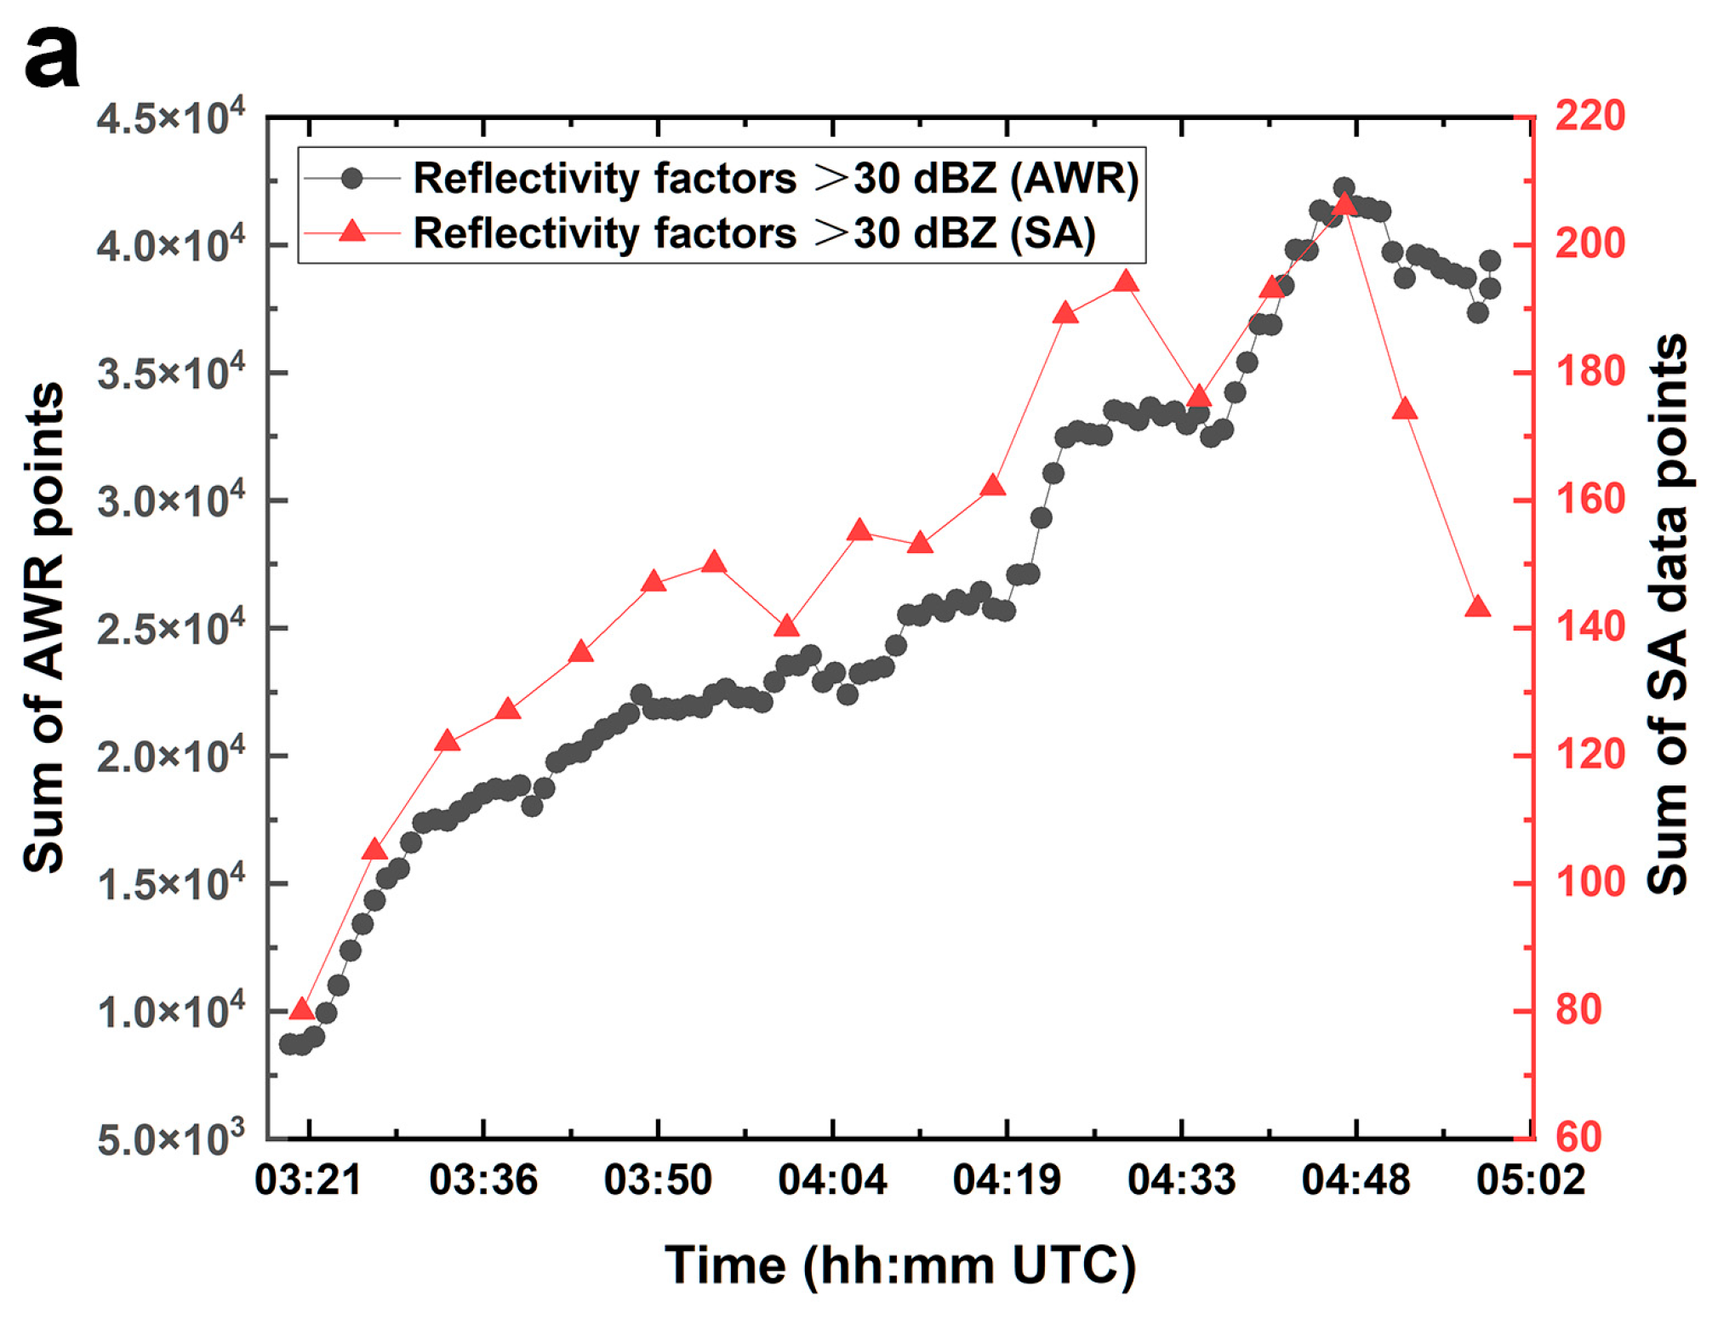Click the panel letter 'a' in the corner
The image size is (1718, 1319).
[x=51, y=58]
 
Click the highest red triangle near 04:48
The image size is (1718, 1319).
[x=1344, y=204]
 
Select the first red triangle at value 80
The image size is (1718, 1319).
[x=302, y=1009]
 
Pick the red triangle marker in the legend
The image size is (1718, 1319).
[x=351, y=231]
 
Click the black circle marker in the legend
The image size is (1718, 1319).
[x=351, y=178]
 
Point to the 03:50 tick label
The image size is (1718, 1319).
[x=657, y=1180]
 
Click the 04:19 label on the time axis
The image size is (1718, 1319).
[x=1007, y=1180]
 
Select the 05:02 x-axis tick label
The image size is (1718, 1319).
[x=1530, y=1180]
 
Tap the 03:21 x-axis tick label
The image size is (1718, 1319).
[x=308, y=1180]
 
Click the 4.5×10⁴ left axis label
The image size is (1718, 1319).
[x=169, y=117]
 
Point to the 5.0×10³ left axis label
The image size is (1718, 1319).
[x=169, y=1139]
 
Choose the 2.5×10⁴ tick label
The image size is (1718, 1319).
[x=169, y=629]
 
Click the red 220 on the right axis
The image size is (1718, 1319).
[x=1590, y=117]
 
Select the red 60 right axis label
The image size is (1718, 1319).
[x=1578, y=1138]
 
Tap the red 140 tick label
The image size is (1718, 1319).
[x=1590, y=627]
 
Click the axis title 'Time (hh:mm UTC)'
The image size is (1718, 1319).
[x=899, y=1265]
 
